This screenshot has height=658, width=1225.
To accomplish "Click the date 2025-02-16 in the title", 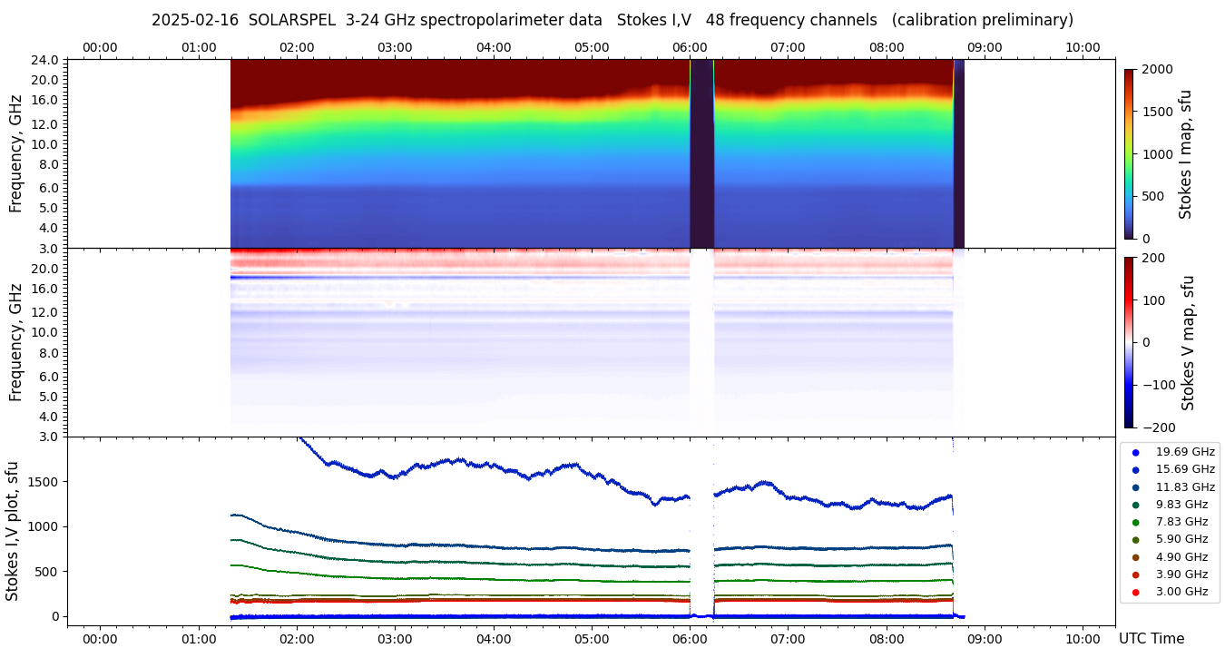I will (189, 20).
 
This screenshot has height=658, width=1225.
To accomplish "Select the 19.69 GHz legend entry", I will (1184, 452).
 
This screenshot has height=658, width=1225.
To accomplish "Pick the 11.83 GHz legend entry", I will (1184, 487).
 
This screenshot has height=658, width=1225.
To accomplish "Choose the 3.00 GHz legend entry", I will (1181, 592).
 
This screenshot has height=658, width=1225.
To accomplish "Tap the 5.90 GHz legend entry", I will (1181, 540).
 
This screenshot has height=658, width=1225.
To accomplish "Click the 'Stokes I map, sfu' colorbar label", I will (1185, 153).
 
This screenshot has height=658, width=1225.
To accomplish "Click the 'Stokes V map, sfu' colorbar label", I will (1187, 342).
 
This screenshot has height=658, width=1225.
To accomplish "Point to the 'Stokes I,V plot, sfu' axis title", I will (13, 531).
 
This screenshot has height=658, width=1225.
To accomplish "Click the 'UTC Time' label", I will (1151, 639).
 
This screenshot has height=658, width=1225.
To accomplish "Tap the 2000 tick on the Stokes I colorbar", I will (1157, 69).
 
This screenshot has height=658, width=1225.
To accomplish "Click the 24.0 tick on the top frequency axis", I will (45, 60).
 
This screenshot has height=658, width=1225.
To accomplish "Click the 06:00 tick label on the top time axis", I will (690, 47).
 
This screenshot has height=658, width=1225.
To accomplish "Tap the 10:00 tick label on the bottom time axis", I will (1083, 639).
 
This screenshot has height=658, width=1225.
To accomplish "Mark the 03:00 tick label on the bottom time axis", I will (395, 639).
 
